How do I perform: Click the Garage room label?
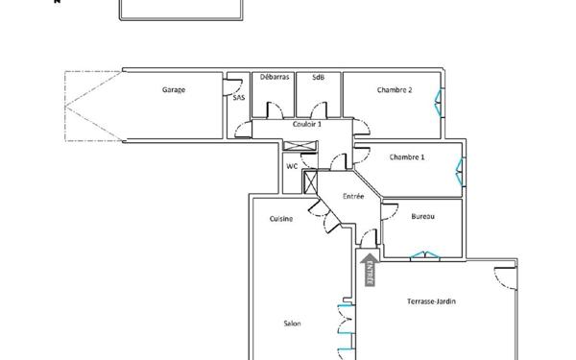point(174,89)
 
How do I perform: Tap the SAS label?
point(238,97)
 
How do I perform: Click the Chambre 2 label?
point(395,89)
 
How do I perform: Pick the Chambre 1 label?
point(407,156)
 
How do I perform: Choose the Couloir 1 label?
point(307,124)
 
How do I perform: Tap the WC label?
point(292,166)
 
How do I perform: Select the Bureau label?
point(422,217)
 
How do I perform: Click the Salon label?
point(292,324)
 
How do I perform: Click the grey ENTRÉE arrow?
point(368,268)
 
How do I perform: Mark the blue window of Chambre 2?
point(441,99)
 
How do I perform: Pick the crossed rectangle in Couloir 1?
point(300,147)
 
